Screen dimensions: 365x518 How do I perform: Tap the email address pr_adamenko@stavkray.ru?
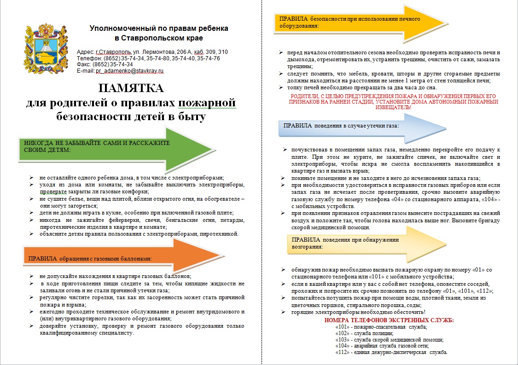[x=129, y=71]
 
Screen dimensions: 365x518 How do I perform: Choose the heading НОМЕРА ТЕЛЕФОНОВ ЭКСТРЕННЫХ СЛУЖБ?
[x=389, y=320]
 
